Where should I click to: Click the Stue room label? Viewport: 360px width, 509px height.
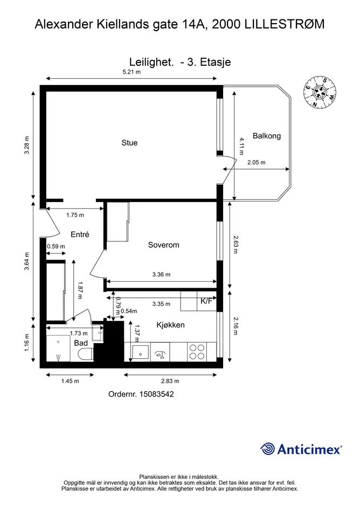(x=129, y=143)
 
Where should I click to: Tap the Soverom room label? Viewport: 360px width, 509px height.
(x=163, y=245)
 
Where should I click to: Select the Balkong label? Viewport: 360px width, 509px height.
(x=267, y=136)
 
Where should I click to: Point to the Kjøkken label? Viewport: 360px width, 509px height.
(x=171, y=325)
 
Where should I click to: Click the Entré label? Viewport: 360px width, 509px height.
(x=80, y=234)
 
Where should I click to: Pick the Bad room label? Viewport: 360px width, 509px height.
(x=81, y=343)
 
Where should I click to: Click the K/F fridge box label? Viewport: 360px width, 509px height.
(x=206, y=301)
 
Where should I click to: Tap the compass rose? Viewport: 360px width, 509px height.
(x=320, y=93)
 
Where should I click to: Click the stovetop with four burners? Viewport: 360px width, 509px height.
(x=197, y=352)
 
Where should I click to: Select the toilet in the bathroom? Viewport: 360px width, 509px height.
(x=86, y=354)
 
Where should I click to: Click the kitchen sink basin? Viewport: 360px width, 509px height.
(x=141, y=352)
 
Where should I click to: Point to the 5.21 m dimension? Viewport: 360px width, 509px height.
(x=131, y=72)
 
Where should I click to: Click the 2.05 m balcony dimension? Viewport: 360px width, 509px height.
(x=257, y=162)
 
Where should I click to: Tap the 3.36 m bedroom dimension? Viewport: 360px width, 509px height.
(x=162, y=275)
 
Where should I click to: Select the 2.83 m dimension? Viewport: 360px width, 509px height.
(x=170, y=381)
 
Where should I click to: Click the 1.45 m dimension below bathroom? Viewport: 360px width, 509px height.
(x=70, y=381)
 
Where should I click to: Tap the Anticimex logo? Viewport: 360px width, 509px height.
(x=301, y=449)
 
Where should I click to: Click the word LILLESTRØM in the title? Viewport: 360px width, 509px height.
(x=285, y=24)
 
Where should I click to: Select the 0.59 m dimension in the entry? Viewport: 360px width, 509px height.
(x=56, y=246)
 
